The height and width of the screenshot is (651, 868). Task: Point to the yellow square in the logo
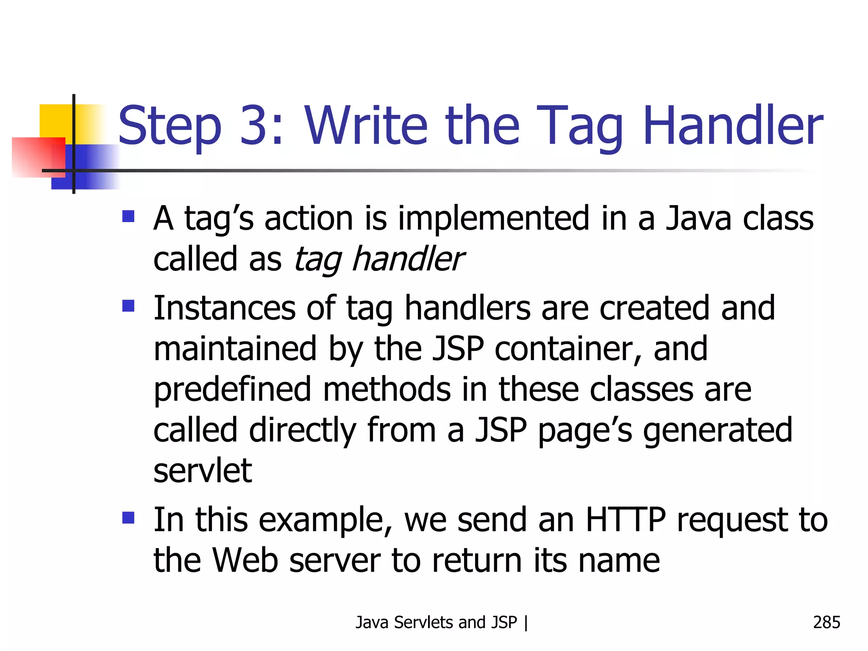pos(55,120)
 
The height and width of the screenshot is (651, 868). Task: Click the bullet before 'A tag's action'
pos(128,217)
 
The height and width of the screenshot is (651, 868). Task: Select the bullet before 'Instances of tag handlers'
pos(128,306)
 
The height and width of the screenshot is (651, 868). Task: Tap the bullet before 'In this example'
pos(128,517)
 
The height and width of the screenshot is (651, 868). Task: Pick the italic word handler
pos(408,259)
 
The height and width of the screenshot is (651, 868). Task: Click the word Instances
pos(224,308)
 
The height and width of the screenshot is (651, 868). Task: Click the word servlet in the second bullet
pos(203,471)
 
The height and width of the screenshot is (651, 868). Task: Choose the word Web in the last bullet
pos(245,561)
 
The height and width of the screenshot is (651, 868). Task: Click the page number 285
pos(826,622)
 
